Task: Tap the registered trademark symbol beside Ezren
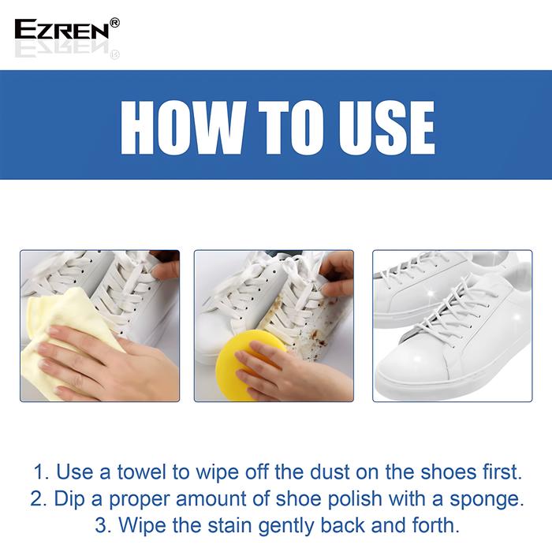pyautogui.click(x=115, y=23)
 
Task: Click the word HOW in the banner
pyautogui.click(x=182, y=128)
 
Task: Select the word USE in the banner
pyautogui.click(x=386, y=128)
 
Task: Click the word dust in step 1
pyautogui.click(x=330, y=472)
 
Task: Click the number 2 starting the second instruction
pyautogui.click(x=38, y=499)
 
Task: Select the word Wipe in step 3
pyautogui.click(x=142, y=526)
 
